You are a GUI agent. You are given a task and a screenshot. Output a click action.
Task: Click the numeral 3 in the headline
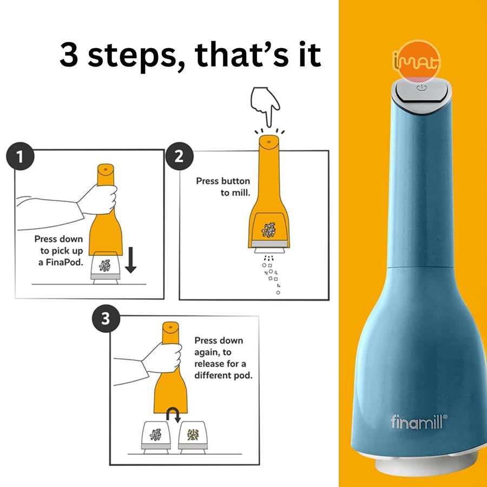point(69,55)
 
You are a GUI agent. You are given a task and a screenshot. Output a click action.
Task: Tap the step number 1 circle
point(20,156)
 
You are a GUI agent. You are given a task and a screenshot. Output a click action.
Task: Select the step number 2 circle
point(179,156)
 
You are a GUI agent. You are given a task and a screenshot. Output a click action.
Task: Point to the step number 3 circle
point(106,319)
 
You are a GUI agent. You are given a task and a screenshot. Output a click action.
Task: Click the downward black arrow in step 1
point(131,260)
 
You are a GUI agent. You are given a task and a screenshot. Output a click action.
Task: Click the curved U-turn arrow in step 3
point(173,415)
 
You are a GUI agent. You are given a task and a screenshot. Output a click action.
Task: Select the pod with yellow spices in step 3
point(193,437)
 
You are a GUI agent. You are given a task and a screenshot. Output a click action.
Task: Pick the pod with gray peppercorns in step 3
point(156,437)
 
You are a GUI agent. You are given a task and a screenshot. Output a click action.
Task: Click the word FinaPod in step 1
point(64,262)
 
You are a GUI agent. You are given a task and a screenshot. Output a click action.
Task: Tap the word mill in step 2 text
point(242,193)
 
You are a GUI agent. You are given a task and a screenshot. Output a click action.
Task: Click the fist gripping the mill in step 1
point(98,200)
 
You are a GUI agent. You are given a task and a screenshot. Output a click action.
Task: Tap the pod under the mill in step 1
point(106,267)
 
